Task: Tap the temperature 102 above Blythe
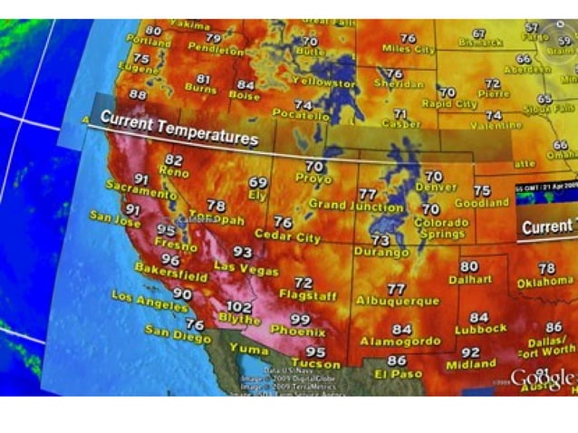[238, 307]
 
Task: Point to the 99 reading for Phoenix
[300, 319]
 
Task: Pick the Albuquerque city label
[398, 301]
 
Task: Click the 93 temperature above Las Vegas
[243, 252]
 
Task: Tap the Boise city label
[244, 94]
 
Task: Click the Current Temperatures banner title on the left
[179, 129]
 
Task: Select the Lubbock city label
[481, 329]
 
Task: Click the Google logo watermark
[542, 377]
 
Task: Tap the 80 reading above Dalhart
[468, 266]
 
